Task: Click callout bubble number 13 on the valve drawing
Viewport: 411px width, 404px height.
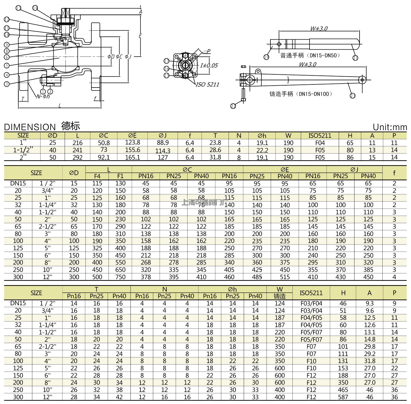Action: coord(19,8)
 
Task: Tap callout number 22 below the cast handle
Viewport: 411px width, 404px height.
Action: coord(233,106)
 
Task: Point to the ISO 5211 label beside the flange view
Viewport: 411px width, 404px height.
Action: coord(207,84)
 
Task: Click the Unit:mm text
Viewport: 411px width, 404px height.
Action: coord(390,127)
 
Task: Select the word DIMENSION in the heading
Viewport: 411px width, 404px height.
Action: coord(30,127)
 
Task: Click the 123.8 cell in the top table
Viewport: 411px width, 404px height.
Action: coord(132,143)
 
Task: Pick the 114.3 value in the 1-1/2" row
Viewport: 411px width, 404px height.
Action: coord(163,151)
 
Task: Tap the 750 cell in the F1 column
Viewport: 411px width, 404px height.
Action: coord(120,277)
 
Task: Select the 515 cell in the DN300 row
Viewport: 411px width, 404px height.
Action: coord(285,277)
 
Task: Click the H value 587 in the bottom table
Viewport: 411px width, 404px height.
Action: coord(343,397)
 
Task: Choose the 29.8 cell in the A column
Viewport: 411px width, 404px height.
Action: coord(369,346)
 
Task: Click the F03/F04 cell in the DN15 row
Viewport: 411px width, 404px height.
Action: coord(311,303)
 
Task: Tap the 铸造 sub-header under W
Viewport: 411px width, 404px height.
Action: coord(279,296)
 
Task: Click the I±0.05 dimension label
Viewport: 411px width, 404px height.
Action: coord(209,66)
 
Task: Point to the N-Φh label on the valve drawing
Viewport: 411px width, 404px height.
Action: coord(43,97)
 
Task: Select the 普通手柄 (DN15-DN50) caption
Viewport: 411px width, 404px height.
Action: coord(310,56)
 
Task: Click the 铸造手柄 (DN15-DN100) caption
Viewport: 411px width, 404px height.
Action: coord(301,94)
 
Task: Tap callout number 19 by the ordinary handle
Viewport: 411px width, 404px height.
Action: coord(266,57)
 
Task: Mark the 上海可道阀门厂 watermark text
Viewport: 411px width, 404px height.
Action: coord(203,202)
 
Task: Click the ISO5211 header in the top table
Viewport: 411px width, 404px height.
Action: coord(320,136)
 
